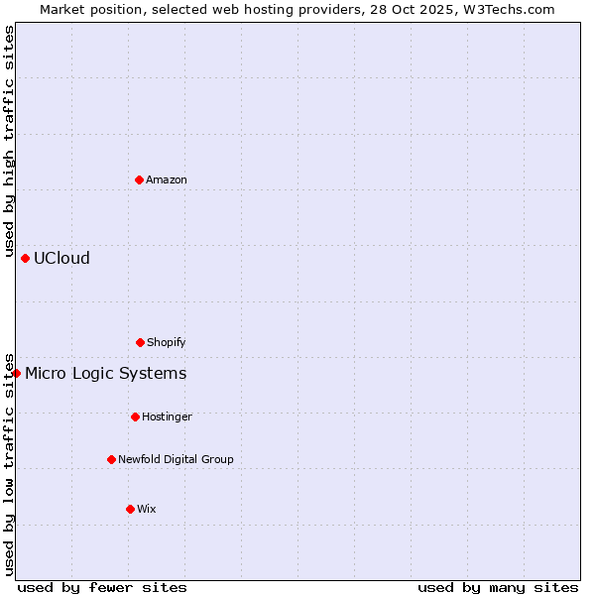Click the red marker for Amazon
coord(139,179)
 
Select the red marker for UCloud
coord(25,258)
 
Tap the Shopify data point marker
coord(140,342)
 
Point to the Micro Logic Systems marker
coord(17,373)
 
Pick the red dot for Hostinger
coord(135,416)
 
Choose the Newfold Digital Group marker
coord(111,459)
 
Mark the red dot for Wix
coord(130,509)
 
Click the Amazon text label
coord(167,179)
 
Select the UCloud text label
coord(61,258)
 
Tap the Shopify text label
coord(167,342)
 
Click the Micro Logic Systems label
coord(105,373)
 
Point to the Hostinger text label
coord(167,416)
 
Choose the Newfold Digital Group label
coord(176,459)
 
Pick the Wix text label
coord(147,509)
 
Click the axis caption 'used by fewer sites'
coord(102,587)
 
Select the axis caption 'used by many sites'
coord(498,587)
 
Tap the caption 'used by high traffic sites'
coord(9,141)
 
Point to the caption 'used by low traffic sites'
coord(9,463)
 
